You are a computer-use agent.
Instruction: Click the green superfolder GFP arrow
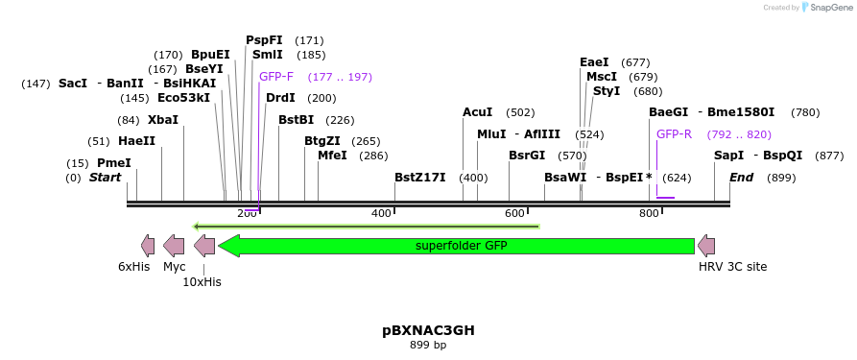[x=461, y=246]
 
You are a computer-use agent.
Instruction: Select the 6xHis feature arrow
[x=147, y=245]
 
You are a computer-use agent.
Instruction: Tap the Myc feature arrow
[x=174, y=245]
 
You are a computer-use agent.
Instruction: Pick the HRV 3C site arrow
[x=706, y=245]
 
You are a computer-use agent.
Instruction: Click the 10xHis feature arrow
[x=204, y=245]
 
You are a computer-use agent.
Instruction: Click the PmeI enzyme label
[x=114, y=163]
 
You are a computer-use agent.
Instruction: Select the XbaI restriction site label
[x=163, y=120]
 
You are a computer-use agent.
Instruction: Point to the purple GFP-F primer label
[x=276, y=77]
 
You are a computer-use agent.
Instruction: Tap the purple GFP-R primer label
[x=674, y=134]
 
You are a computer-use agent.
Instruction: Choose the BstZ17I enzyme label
[x=420, y=178]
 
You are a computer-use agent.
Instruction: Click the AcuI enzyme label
[x=477, y=112]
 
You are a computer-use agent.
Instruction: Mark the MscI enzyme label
[x=602, y=77]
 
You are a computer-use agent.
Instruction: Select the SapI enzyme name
[x=728, y=156]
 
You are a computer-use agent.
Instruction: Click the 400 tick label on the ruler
[x=381, y=212]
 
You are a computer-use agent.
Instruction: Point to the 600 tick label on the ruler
[x=515, y=212]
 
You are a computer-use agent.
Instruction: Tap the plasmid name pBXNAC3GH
[x=428, y=330]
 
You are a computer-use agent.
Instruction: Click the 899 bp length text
[x=428, y=345]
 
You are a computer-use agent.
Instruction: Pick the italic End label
[x=741, y=178]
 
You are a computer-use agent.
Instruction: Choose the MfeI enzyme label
[x=332, y=156]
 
